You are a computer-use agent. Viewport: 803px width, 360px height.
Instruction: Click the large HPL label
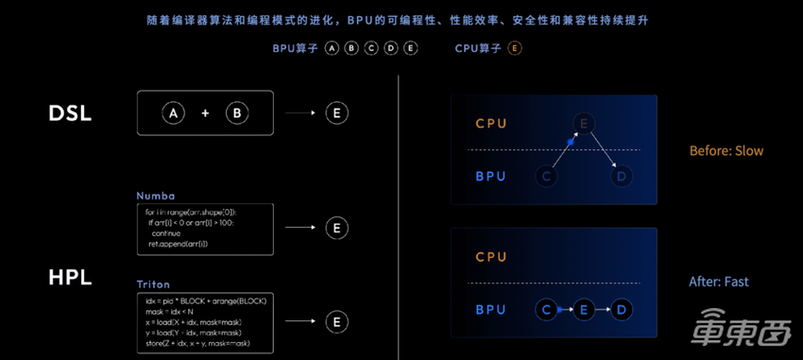click(x=70, y=279)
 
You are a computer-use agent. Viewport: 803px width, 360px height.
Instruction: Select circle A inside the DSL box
click(x=173, y=113)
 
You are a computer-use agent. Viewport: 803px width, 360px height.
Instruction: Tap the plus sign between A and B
click(x=205, y=113)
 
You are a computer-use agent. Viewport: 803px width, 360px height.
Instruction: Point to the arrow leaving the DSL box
click(x=300, y=113)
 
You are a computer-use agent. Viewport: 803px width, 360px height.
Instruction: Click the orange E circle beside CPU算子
click(x=514, y=48)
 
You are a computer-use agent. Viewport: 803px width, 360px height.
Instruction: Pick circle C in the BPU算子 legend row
click(x=371, y=48)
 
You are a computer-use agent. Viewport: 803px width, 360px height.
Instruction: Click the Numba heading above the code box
click(x=155, y=196)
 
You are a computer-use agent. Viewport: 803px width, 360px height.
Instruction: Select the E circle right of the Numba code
click(x=336, y=228)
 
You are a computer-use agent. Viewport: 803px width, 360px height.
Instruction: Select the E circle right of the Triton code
click(x=336, y=321)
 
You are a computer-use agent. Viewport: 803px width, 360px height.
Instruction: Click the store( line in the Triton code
click(x=197, y=342)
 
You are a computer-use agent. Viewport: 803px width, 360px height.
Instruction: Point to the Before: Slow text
click(x=726, y=151)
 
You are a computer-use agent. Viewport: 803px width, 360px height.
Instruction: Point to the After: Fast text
click(x=719, y=282)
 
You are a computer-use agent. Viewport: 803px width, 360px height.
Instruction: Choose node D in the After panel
click(x=620, y=310)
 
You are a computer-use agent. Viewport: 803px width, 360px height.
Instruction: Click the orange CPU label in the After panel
click(x=490, y=257)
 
